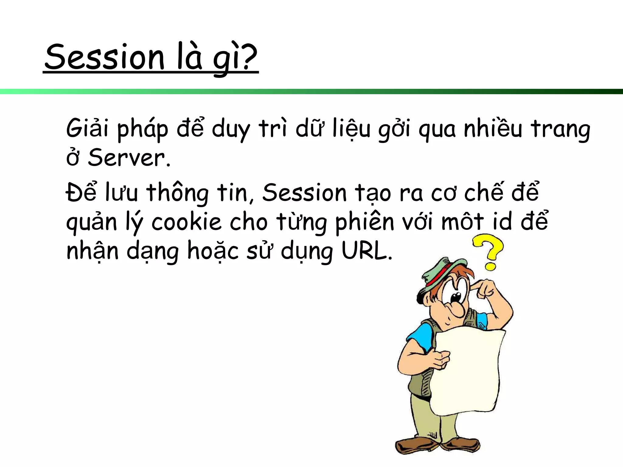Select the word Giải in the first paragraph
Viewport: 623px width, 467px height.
point(87,128)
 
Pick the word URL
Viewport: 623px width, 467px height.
point(367,251)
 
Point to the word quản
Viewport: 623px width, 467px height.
point(92,223)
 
